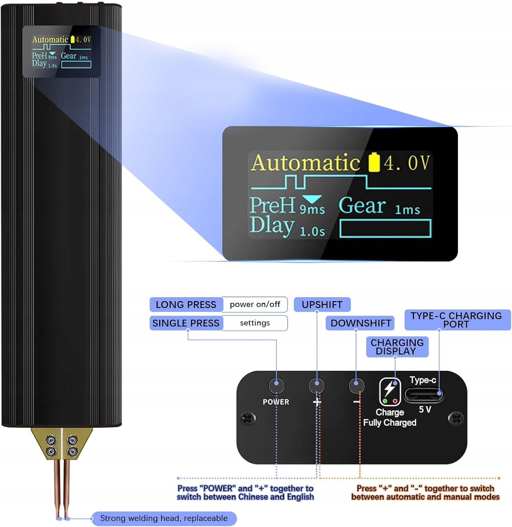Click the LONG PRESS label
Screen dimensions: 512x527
(186, 305)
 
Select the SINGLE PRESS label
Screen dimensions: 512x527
(186, 323)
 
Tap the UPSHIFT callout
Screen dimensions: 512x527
(322, 305)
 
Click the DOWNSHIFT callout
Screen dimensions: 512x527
(360, 323)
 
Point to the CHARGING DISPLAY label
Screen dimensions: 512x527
(397, 347)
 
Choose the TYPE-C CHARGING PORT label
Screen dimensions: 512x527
(457, 320)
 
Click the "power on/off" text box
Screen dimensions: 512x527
(255, 305)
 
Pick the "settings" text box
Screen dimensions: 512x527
(255, 323)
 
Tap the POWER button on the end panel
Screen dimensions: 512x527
(276, 385)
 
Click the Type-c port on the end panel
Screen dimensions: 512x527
(424, 395)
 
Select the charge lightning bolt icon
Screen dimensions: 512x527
(389, 389)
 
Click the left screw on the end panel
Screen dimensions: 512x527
(248, 418)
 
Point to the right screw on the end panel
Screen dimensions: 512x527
(456, 418)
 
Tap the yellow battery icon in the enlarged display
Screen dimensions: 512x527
(374, 162)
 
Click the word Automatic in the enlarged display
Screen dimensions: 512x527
(306, 163)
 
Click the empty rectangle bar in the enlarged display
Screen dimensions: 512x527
(385, 228)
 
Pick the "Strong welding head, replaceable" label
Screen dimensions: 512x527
(164, 519)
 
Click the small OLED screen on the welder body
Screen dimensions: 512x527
(61, 51)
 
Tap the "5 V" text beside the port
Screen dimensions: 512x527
(425, 409)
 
